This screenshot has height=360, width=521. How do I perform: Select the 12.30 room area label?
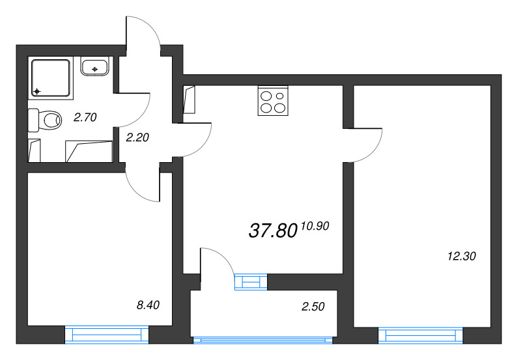[462, 256]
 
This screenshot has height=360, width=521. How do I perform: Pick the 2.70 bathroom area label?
[85, 118]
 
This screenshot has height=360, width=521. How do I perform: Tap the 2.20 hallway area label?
[137, 137]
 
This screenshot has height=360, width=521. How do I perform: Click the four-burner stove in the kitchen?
[272, 101]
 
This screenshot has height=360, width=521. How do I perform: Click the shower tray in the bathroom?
[49, 76]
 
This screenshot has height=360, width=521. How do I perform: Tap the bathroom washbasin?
[96, 66]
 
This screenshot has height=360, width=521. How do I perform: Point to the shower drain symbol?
[37, 91]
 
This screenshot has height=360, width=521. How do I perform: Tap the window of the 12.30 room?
[420, 335]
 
